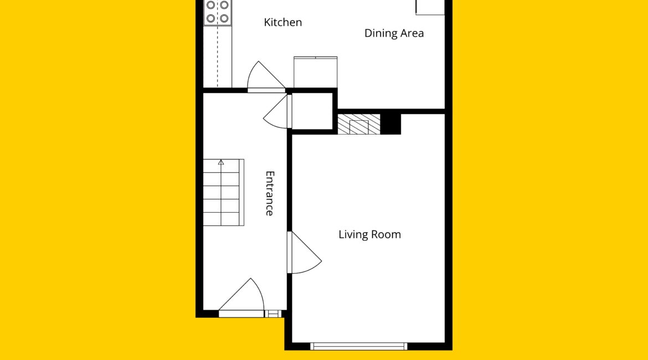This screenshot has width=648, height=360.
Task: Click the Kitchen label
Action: point(282,22)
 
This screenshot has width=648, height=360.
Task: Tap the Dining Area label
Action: point(394,33)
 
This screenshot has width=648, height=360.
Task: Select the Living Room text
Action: point(369,234)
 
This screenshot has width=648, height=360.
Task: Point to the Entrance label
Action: point(270,193)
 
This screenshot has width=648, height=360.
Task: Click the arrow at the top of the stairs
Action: point(221,162)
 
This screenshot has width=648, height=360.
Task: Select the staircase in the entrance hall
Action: point(223,193)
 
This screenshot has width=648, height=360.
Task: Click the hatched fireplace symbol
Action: point(359,124)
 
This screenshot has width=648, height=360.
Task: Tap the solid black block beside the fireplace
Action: point(390,124)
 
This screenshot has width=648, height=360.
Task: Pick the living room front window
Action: point(359,346)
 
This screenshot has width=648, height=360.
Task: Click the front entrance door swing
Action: point(241,297)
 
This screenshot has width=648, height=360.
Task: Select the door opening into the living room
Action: point(305,252)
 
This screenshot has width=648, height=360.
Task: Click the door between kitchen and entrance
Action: point(266,76)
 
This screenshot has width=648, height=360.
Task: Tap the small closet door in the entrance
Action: point(277,111)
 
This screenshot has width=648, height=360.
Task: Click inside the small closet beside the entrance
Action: point(312,111)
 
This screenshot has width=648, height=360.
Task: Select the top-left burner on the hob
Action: point(211,5)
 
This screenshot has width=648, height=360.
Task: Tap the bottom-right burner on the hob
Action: point(224,18)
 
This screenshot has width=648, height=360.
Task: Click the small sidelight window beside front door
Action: point(272,314)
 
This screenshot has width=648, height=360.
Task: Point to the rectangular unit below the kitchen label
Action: point(315,72)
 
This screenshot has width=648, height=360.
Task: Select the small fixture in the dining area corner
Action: point(430,7)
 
